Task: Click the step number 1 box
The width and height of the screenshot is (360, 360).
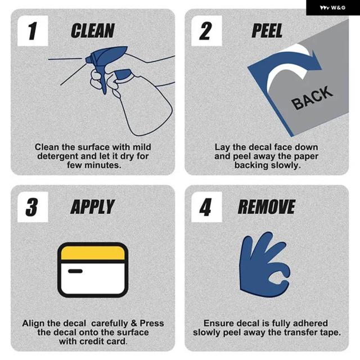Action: click(33, 31)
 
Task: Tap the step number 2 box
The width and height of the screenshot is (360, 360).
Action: click(206, 31)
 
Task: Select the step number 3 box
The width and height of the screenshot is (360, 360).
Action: click(33, 207)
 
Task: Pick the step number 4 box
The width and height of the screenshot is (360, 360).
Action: click(206, 207)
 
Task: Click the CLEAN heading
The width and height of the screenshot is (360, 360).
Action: click(92, 30)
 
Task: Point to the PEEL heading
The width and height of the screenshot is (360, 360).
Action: click(267, 30)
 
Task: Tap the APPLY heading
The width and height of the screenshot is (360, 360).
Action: click(92, 207)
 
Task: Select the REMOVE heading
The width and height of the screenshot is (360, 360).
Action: click(267, 207)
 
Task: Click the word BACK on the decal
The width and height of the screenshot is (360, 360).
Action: click(312, 98)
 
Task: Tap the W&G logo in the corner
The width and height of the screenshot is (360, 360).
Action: click(332, 7)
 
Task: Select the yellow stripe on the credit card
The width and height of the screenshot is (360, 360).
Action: click(93, 253)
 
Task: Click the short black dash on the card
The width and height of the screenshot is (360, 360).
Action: click(75, 271)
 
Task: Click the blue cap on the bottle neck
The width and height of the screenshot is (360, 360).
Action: click(123, 74)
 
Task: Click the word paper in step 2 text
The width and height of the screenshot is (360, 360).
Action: click(306, 157)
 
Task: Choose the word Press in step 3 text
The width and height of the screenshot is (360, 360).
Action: click(152, 323)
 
